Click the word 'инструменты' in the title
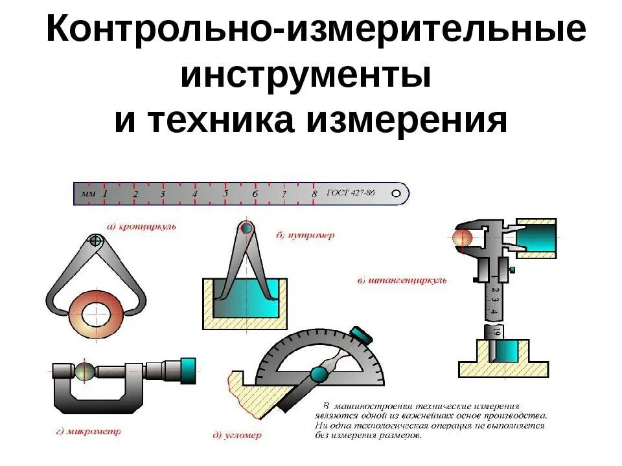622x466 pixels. tap(306, 76)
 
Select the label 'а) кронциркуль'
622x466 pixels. tap(141, 227)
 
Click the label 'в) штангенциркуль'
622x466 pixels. tap(402, 281)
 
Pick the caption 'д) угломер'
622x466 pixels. tap(237, 436)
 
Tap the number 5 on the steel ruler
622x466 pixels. tap(225, 193)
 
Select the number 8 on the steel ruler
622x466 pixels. tap(314, 194)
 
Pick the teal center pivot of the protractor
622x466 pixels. tap(318, 375)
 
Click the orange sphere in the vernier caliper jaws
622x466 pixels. tap(463, 238)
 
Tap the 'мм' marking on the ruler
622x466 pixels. tap(87, 193)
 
